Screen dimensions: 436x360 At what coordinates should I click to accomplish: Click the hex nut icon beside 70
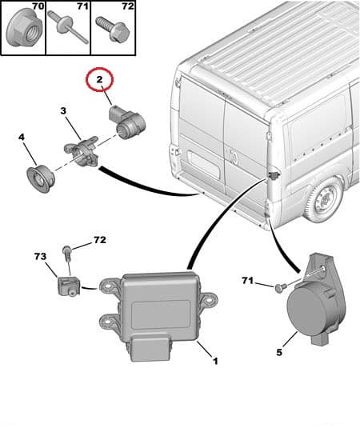(19, 31)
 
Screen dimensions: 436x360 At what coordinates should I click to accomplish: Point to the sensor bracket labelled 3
(80, 150)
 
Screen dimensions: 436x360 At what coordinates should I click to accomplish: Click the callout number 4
(21, 138)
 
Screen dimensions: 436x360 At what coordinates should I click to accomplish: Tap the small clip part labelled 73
(66, 284)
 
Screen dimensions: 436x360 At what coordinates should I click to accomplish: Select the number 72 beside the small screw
(99, 239)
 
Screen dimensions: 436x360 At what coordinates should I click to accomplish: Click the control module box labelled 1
(159, 307)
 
